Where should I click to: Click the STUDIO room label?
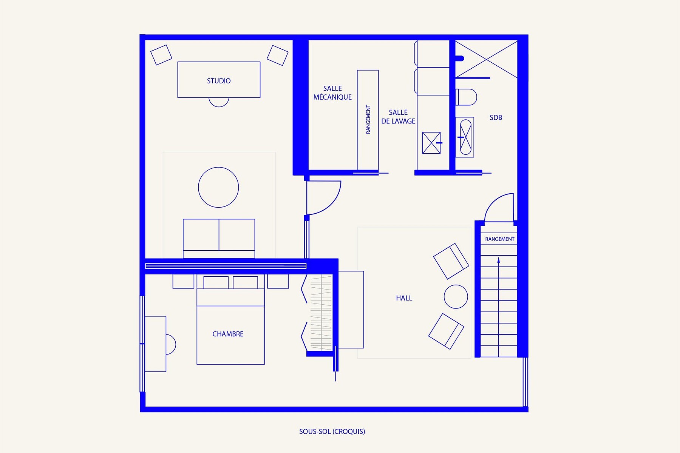(219, 81)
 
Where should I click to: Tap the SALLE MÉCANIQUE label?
(332, 93)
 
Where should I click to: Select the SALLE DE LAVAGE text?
(398, 117)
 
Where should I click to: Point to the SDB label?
(496, 118)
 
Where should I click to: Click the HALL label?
(404, 298)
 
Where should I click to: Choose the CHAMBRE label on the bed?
(228, 334)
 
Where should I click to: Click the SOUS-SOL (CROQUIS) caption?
(332, 431)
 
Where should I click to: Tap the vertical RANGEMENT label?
(368, 119)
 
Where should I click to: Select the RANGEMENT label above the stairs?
(499, 239)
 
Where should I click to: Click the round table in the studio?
(218, 187)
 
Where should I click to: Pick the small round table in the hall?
(456, 297)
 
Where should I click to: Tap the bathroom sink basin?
(466, 137)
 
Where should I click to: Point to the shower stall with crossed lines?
(486, 59)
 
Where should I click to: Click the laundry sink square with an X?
(431, 143)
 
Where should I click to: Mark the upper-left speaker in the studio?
(161, 55)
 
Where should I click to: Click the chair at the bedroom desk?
(171, 344)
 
